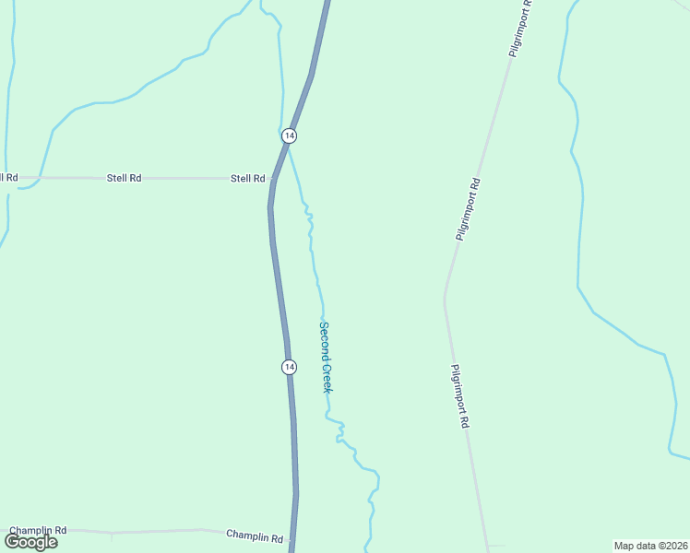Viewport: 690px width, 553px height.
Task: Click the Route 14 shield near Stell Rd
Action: [x=290, y=135]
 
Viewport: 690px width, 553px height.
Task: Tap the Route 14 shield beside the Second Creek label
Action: [x=290, y=367]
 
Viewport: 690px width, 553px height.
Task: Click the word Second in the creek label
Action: [x=324, y=338]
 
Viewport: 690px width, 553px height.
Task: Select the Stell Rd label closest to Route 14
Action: [x=247, y=178]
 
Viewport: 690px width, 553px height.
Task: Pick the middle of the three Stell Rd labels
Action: [x=124, y=178]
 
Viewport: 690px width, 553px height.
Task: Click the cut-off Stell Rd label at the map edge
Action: [x=8, y=177]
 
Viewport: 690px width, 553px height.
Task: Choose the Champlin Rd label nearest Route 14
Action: [x=255, y=536]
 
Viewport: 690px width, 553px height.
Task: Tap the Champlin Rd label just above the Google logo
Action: [x=38, y=531]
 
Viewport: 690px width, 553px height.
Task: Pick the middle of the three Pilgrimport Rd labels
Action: [x=469, y=209]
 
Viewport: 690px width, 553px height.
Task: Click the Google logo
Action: [x=31, y=542]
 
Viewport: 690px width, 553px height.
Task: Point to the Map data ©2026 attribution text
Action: [x=650, y=545]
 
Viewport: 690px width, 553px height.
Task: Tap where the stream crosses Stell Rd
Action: [x=39, y=178]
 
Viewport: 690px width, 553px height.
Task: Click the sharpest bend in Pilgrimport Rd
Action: [x=445, y=297]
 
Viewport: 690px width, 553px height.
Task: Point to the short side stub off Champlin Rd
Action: [x=112, y=535]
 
